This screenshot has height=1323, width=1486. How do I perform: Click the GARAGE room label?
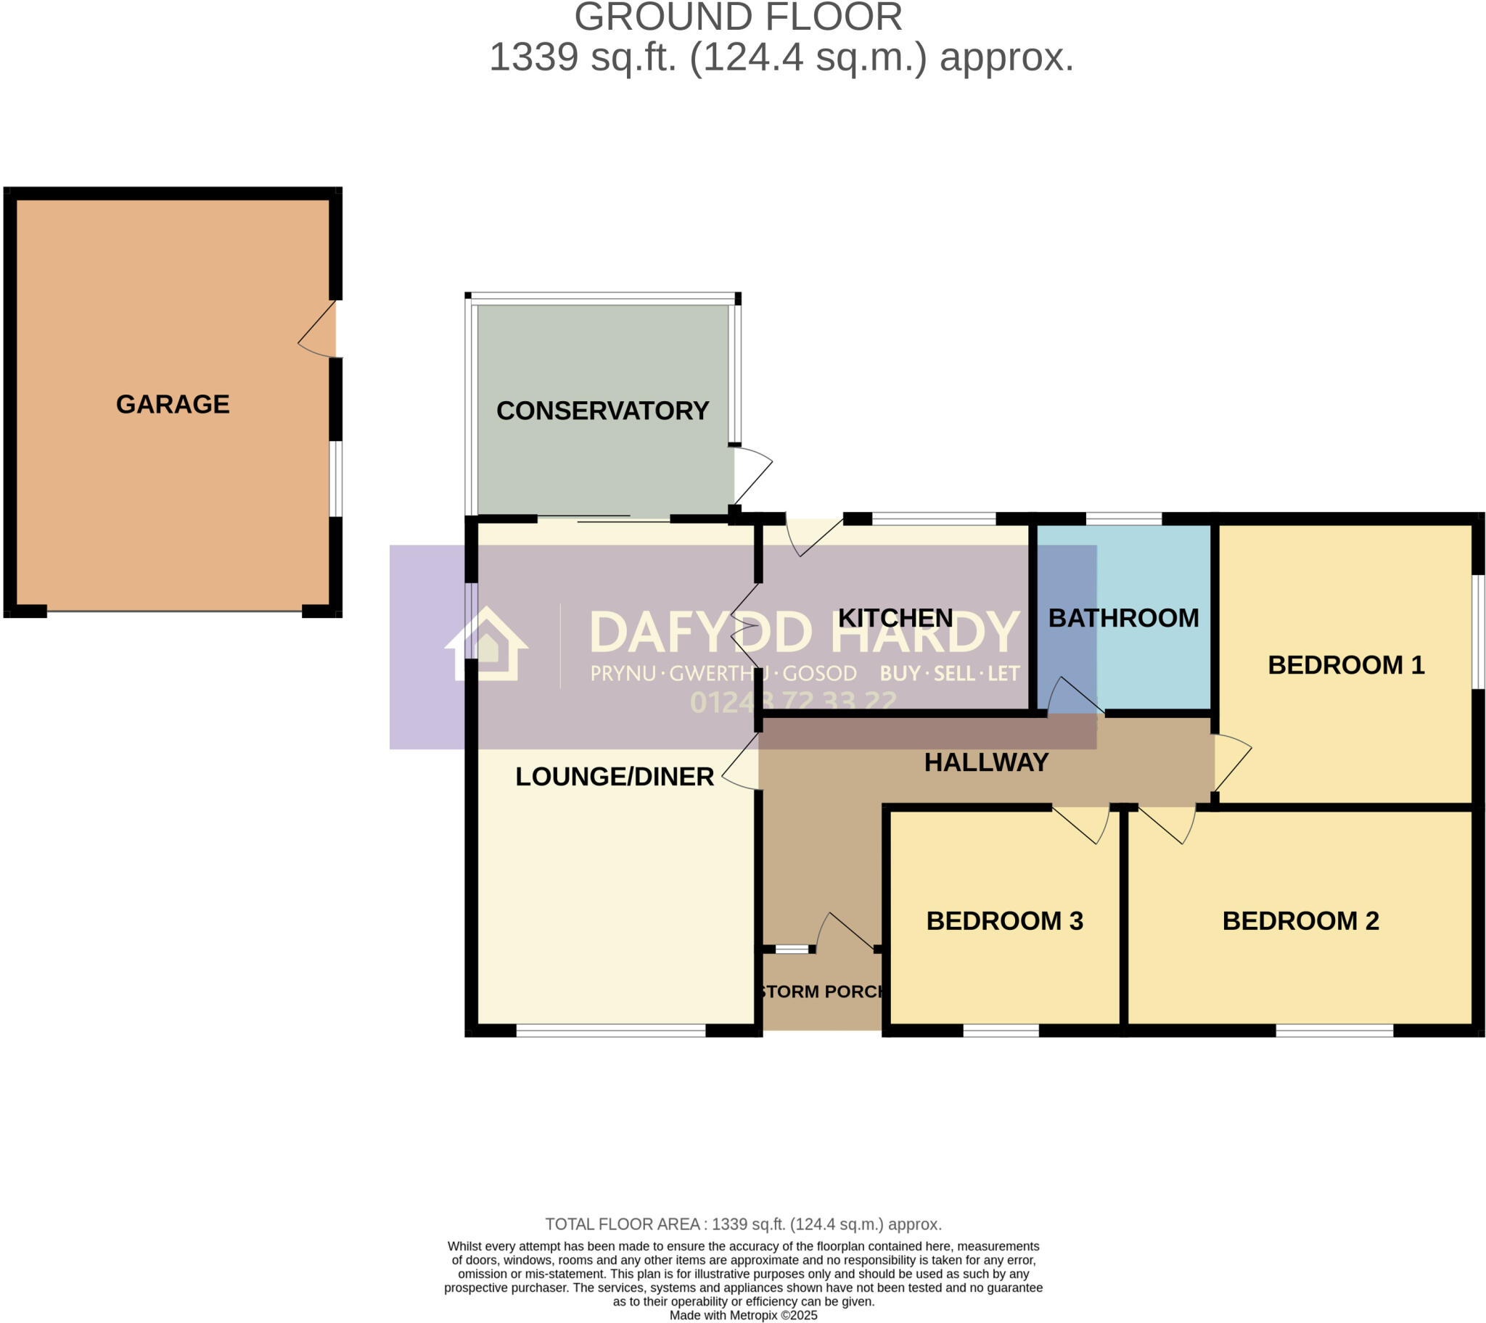tap(173, 404)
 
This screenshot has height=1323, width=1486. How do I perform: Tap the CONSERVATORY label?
tap(602, 411)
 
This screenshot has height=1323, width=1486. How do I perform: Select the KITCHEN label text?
tap(895, 618)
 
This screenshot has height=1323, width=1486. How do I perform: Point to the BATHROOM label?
tap(1123, 618)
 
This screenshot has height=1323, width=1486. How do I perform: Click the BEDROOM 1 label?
tap(1346, 665)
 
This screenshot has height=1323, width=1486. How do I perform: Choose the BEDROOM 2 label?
tap(1301, 921)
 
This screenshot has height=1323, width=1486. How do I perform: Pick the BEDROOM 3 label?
tap(1005, 921)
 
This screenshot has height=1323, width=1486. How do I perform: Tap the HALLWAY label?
tap(986, 762)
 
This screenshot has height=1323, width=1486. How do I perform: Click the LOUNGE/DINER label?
tap(615, 777)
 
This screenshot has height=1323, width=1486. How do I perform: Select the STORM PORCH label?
tap(821, 992)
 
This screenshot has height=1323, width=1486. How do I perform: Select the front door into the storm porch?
tap(847, 933)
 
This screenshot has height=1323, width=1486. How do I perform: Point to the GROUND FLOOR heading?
tap(738, 17)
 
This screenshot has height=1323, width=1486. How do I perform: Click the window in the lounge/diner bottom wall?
tap(611, 1030)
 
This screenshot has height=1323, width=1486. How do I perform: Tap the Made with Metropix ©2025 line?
tap(743, 1315)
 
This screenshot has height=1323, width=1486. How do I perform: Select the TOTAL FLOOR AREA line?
tap(743, 1224)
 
